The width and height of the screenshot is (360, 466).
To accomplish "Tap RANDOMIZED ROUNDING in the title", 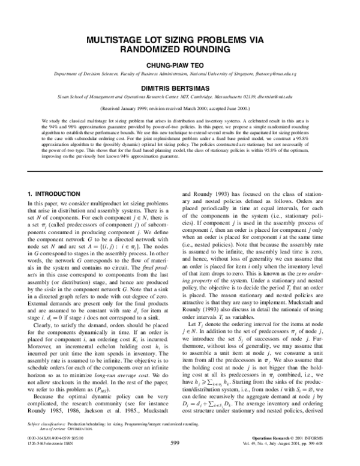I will pyautogui.click(x=180, y=50).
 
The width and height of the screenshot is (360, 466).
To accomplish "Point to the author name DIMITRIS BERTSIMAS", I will pyautogui.click(x=180, y=86).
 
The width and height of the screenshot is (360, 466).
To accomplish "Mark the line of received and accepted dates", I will pyautogui.click(x=180, y=109).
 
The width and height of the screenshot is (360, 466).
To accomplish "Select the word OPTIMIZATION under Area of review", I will pyautogui.click(x=82, y=446).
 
